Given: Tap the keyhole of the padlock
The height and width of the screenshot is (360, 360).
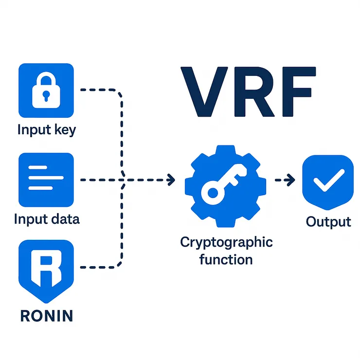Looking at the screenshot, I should [45, 95].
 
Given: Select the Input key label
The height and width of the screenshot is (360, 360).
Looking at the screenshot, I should [47, 130].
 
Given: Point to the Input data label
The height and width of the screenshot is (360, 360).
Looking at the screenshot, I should [47, 219].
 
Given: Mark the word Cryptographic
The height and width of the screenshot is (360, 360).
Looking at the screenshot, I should [226, 242].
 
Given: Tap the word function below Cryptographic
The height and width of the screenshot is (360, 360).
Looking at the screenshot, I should [226, 259].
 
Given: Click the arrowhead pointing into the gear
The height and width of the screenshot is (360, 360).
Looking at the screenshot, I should [171, 180].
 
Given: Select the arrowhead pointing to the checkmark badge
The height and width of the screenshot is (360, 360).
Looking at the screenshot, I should [290, 180].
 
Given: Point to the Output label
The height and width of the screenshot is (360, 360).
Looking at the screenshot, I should [328, 221].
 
